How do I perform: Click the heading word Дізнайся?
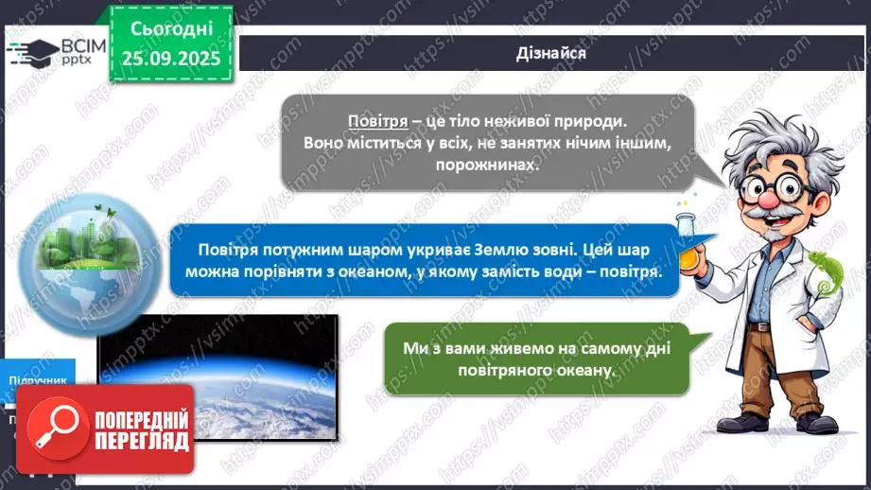tap(552, 53)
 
